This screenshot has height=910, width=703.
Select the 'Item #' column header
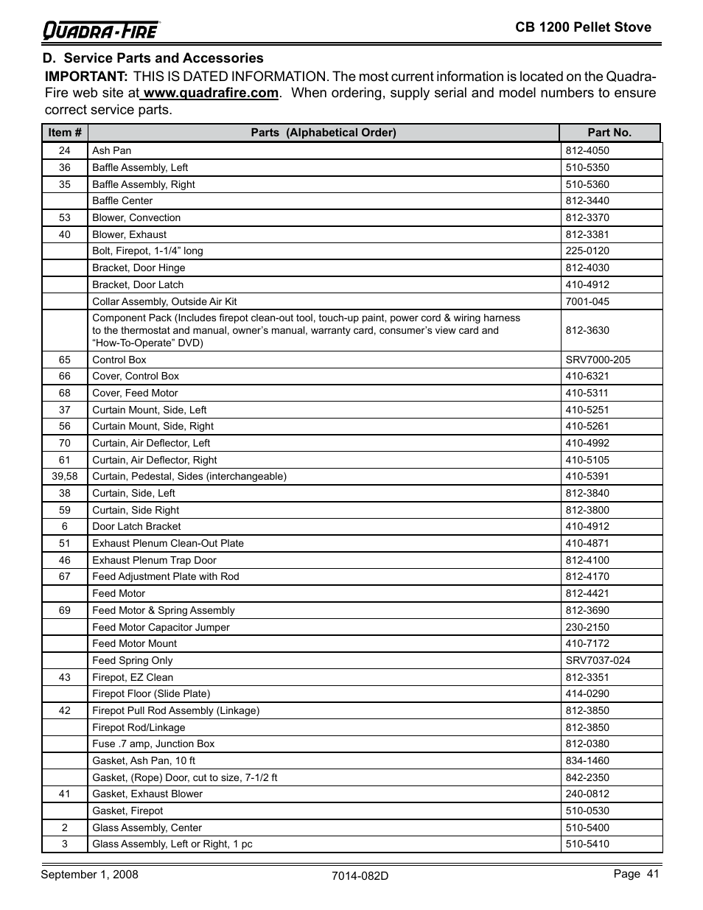tap(65, 133)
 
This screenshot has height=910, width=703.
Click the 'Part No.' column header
tap(609, 133)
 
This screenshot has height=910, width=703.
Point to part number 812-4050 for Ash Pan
tap(587, 151)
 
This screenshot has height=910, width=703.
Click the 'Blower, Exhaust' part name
tap(129, 234)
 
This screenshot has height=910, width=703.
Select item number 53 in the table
tap(65, 218)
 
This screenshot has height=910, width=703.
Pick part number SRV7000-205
tap(598, 360)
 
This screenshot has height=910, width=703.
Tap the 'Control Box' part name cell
tap(119, 360)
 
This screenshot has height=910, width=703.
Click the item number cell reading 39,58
tap(65, 477)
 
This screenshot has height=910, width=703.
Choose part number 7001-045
tap(587, 301)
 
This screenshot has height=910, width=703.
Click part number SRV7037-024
tap(598, 660)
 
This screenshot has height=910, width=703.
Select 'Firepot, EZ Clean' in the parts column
tap(133, 677)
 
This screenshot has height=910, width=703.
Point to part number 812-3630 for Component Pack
tap(587, 330)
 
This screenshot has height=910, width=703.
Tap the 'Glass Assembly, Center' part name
tap(147, 827)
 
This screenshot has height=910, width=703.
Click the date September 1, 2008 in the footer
tap(89, 875)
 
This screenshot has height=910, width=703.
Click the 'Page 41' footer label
tap(636, 874)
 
